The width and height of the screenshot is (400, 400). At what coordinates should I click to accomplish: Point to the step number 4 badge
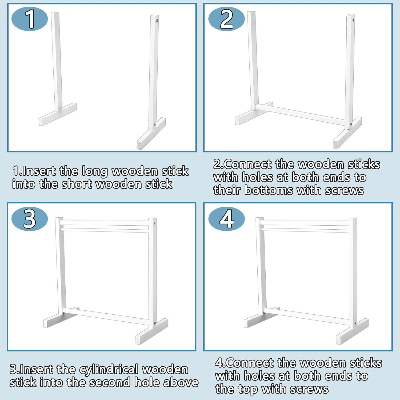[226, 219]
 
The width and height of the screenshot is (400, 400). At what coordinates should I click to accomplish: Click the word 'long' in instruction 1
[94, 171]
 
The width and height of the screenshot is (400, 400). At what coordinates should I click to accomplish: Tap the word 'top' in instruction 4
[247, 389]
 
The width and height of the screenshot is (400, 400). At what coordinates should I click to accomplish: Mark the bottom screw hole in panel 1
[155, 125]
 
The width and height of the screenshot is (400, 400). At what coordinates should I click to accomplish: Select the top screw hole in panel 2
[353, 19]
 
